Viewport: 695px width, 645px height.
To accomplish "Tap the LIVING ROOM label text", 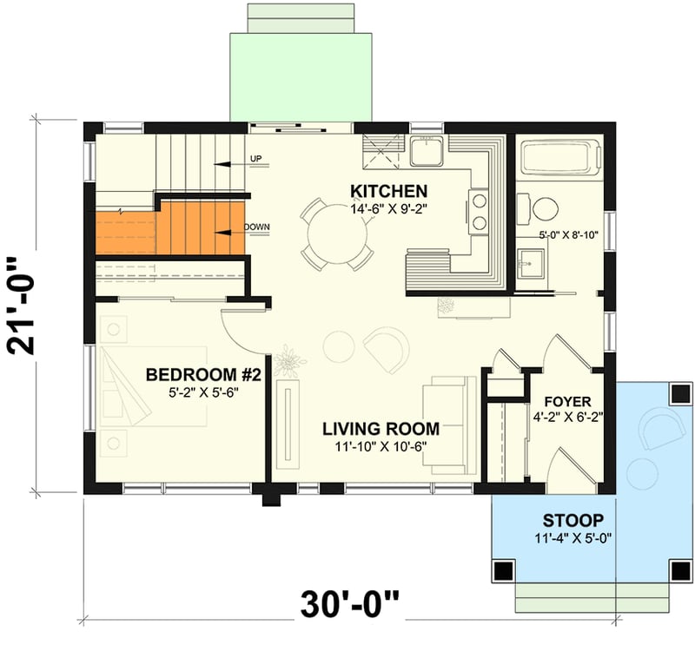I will [x=381, y=428].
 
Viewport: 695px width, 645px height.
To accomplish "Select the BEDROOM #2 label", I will [x=203, y=375].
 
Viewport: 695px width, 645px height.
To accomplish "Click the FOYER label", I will [x=567, y=402].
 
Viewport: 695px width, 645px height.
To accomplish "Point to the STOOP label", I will [x=573, y=521].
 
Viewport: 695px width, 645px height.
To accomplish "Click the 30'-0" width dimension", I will [x=352, y=603].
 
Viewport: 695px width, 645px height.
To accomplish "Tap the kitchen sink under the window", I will [x=427, y=153].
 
